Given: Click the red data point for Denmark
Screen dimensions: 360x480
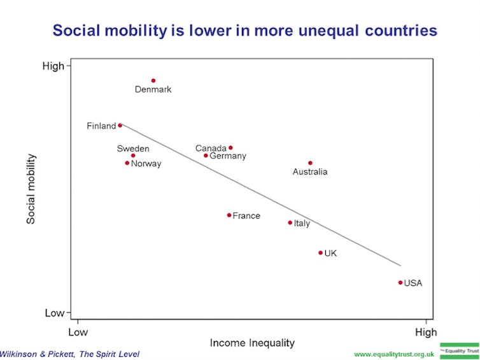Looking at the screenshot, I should pyautogui.click(x=153, y=81).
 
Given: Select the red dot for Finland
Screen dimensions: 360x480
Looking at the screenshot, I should pyautogui.click(x=120, y=126).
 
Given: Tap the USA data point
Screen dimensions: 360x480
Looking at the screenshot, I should pyautogui.click(x=400, y=282).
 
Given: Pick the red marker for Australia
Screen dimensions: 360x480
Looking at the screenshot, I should pyautogui.click(x=310, y=163).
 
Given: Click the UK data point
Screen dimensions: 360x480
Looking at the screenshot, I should pyautogui.click(x=320, y=253).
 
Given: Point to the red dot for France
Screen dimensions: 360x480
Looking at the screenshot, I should pyautogui.click(x=229, y=215).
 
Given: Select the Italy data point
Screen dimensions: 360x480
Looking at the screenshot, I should pyautogui.click(x=290, y=223).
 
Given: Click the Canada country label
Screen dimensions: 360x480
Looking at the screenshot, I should pyautogui.click(x=211, y=148).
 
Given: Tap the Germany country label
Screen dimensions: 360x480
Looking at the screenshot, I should pyautogui.click(x=228, y=156).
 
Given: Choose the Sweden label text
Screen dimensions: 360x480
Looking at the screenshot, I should pyautogui.click(x=133, y=149).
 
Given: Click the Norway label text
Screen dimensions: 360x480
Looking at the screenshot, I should pyautogui.click(x=146, y=164).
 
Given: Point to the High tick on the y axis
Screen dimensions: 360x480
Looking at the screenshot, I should pyautogui.click(x=53, y=66).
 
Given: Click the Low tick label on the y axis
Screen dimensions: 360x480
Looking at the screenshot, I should pyautogui.click(x=54, y=313).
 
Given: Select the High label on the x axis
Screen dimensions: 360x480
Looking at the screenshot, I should pyautogui.click(x=426, y=332).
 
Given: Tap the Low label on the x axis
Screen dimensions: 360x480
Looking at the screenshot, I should pyautogui.click(x=78, y=332).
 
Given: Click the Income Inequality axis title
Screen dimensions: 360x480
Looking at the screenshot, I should pyautogui.click(x=252, y=343).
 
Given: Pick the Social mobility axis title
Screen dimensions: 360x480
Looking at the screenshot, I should pyautogui.click(x=31, y=189).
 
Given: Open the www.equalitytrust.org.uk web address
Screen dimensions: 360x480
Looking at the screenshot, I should pyautogui.click(x=394, y=354).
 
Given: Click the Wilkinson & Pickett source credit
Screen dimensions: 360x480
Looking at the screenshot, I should pyautogui.click(x=69, y=354).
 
